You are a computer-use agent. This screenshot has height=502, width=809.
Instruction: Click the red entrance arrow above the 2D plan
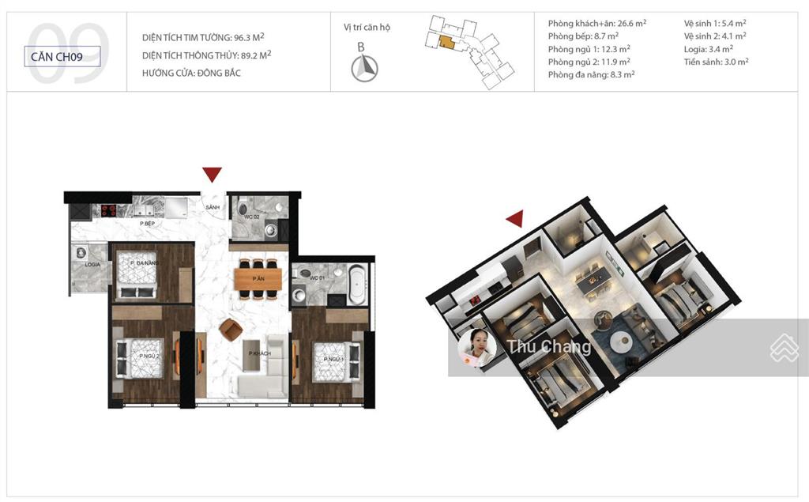click(212, 174)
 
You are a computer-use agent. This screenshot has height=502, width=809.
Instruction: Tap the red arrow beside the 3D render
click(515, 218)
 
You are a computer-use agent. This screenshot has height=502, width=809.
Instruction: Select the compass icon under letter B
click(364, 70)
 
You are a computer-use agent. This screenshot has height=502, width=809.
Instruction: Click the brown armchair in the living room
click(230, 328)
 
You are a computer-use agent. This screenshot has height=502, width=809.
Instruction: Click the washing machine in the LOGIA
click(81, 254)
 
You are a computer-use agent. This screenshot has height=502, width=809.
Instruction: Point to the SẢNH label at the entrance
click(212, 207)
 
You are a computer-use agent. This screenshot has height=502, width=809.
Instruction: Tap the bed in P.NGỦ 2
click(140, 359)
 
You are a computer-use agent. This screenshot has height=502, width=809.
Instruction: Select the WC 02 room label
click(251, 216)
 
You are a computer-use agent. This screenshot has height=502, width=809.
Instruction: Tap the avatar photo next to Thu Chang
click(477, 348)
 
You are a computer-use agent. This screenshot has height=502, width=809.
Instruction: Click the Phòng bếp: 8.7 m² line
click(583, 36)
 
